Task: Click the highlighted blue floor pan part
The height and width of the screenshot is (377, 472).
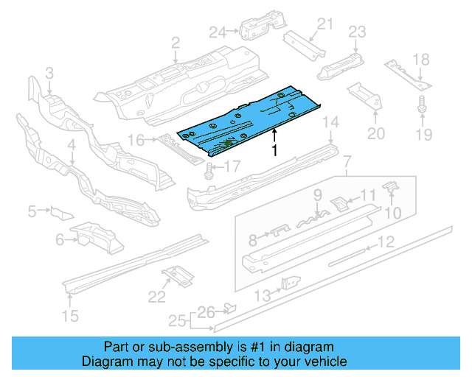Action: click(251, 118)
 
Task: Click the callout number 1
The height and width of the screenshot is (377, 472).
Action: click(274, 151)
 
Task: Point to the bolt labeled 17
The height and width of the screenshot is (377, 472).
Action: click(209, 172)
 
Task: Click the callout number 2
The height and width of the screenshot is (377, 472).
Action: click(176, 44)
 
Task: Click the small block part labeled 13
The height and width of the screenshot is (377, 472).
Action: click(294, 283)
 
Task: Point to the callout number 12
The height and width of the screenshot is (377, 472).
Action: click(386, 241)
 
